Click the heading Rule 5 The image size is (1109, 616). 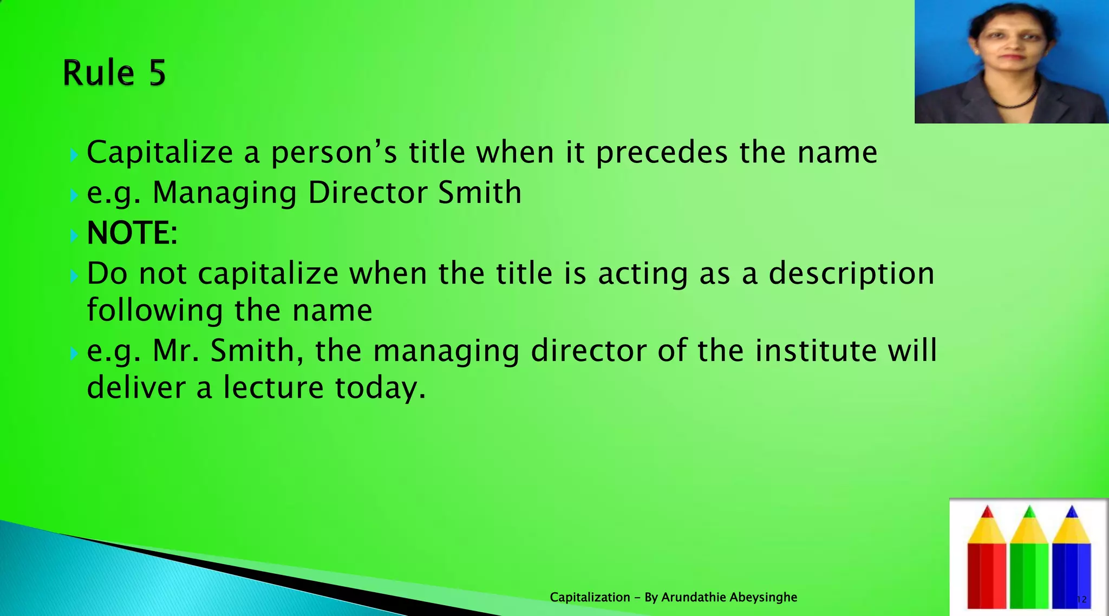click(114, 73)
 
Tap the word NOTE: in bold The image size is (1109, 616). click(132, 233)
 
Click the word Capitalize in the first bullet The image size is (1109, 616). click(160, 152)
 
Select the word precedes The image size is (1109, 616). click(662, 152)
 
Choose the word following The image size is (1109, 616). click(155, 311)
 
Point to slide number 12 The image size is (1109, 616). click(1081, 599)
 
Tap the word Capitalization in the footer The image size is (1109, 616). click(590, 598)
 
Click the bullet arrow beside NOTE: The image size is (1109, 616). click(74, 235)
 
